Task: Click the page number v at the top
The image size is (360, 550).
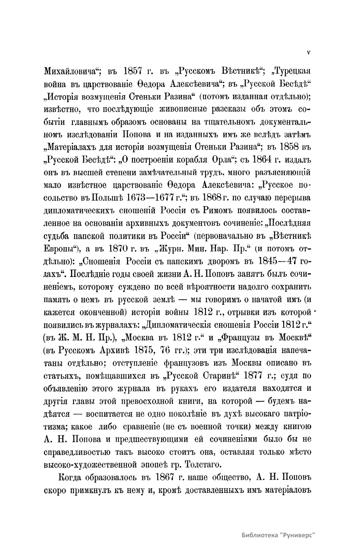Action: click(309, 52)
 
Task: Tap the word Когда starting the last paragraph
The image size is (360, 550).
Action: click(72, 477)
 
